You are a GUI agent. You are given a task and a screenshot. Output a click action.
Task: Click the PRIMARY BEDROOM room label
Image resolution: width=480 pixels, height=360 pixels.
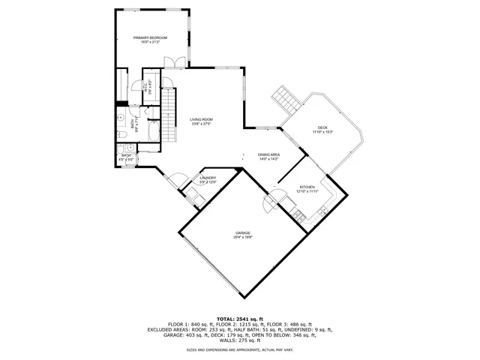pyautogui.click(x=150, y=37)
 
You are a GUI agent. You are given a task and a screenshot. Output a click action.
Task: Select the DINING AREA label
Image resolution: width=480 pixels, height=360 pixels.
pyautogui.click(x=268, y=154)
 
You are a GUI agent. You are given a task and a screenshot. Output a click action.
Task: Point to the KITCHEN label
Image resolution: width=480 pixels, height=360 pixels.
pyautogui.click(x=308, y=187)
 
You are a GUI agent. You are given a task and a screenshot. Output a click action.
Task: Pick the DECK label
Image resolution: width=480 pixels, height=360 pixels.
pyautogui.click(x=322, y=127)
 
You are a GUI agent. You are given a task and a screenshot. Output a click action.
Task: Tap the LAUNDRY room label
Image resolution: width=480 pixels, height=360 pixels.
pyautogui.click(x=208, y=178)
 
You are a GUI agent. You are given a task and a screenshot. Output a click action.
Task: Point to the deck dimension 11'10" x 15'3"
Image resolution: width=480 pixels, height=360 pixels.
pyautogui.click(x=322, y=132)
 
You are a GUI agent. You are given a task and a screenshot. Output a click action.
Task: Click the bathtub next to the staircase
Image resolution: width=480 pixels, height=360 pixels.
pyautogui.click(x=151, y=132)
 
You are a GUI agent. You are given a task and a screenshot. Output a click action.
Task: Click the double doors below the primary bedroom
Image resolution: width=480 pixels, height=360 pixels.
pyautogui.click(x=174, y=63)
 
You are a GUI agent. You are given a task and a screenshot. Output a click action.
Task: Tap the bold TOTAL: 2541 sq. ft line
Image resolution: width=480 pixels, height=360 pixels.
pyautogui.click(x=239, y=319)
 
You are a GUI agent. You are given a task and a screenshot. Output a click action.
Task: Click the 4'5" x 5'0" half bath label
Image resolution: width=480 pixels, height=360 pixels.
pyautogui.click(x=126, y=159)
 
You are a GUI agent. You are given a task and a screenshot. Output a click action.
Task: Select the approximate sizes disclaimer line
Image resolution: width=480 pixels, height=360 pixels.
pyautogui.click(x=239, y=349)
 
